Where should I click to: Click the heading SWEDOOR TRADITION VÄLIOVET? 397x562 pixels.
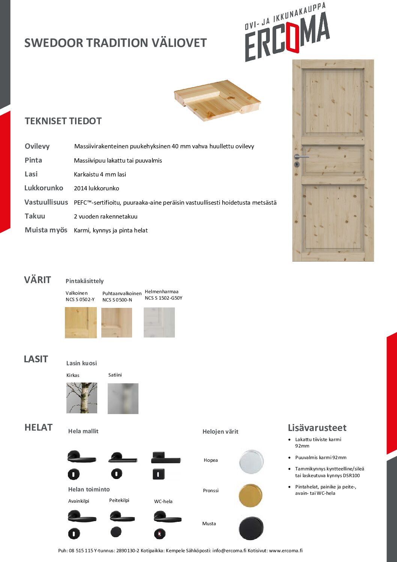(115, 43)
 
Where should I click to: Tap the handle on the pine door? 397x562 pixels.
(301, 157)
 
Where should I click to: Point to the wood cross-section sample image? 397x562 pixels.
(217, 100)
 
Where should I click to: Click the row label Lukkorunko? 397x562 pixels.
(44, 188)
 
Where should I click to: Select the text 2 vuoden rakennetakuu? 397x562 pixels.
(105, 217)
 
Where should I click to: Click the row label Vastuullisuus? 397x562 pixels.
(46, 202)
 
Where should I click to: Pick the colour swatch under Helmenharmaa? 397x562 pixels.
(159, 322)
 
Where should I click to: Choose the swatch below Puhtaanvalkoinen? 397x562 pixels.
(117, 322)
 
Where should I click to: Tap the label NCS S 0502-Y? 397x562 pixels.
(80, 300)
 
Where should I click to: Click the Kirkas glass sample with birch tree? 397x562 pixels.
(82, 398)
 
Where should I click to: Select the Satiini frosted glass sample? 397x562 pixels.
(123, 399)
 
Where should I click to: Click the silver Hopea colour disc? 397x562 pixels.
(251, 461)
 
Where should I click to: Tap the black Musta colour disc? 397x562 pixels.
(251, 528)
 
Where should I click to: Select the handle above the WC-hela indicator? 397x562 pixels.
(167, 517)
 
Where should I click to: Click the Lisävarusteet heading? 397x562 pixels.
(317, 428)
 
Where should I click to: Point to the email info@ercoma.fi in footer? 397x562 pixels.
(229, 551)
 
